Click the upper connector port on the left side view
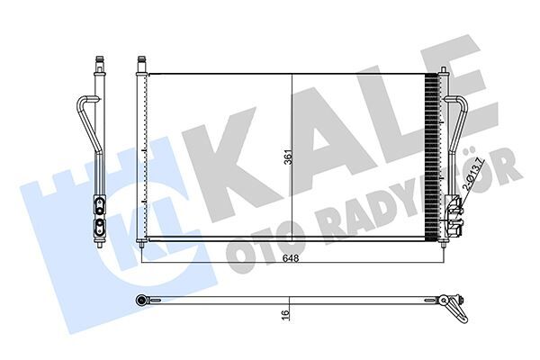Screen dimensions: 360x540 click(97, 202)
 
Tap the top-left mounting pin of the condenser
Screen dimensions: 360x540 click(141, 63)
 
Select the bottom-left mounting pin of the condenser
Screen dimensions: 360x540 click(141, 244)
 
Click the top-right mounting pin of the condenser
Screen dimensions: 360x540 click(442, 67)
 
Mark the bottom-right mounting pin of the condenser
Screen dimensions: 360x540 click(442, 241)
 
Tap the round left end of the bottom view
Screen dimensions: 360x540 click(141, 299)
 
